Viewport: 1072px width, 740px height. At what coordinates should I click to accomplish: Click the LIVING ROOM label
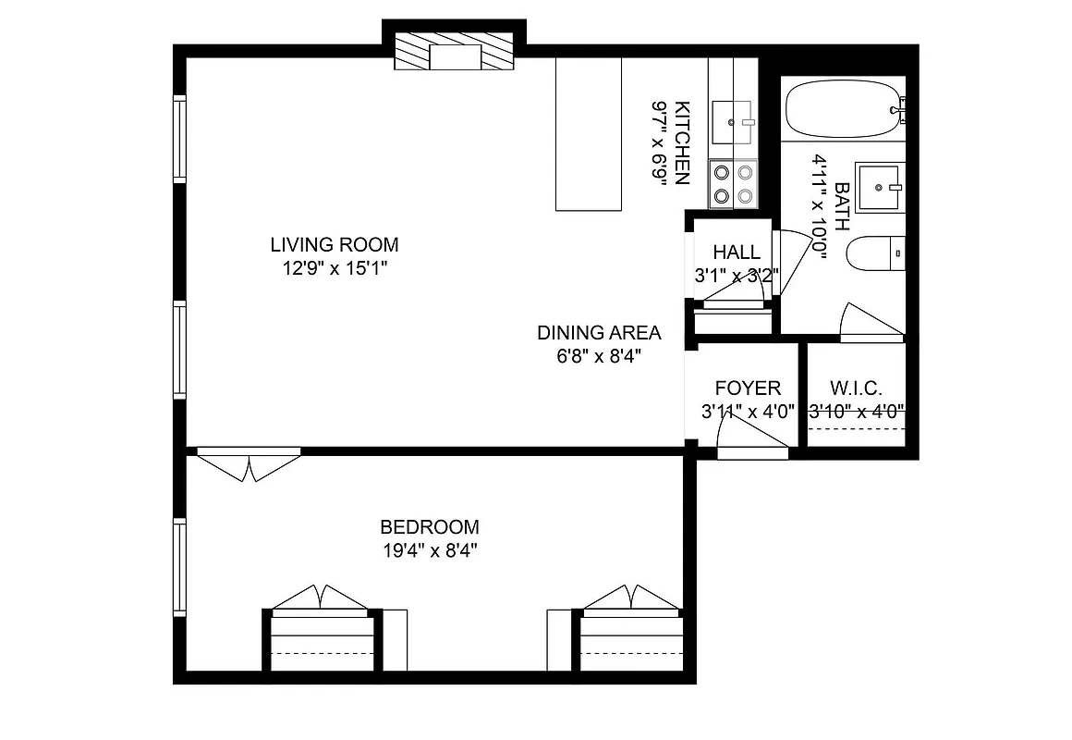(x=335, y=245)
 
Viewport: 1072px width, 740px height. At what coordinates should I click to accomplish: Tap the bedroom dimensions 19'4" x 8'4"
(x=429, y=549)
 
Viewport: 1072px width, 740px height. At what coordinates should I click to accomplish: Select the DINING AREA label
(x=599, y=333)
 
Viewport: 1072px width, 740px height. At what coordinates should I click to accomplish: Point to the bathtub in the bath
(x=841, y=109)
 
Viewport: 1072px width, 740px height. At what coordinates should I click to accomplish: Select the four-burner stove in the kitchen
(x=733, y=184)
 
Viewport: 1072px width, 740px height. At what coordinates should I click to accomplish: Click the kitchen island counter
(x=588, y=134)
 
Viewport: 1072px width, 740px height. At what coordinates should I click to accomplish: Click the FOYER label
(x=748, y=388)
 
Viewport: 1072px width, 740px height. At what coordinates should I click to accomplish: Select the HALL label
(x=737, y=253)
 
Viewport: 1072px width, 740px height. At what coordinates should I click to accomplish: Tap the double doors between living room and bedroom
(x=249, y=463)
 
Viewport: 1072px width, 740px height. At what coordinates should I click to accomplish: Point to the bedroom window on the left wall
(x=180, y=567)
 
